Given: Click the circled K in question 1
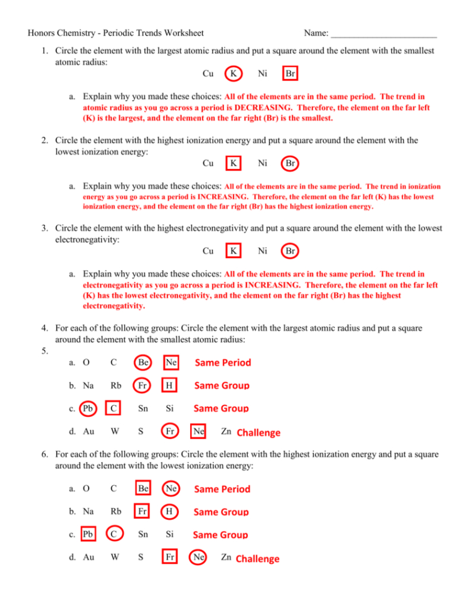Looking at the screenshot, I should [233, 74].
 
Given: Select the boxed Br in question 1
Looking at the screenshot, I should [290, 74].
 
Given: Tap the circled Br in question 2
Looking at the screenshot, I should [290, 163].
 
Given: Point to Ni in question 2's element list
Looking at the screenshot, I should [262, 163].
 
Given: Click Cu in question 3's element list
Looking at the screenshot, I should [208, 251].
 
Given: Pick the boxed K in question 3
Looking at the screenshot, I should [233, 251].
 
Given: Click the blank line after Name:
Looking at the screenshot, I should [383, 33].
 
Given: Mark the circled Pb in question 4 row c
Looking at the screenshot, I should [88, 408].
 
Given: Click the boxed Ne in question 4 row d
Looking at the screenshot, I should [198, 432].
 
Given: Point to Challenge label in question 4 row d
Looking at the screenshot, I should [259, 433].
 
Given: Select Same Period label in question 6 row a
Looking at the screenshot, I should [222, 489].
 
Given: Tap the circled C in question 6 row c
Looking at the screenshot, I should [113, 535].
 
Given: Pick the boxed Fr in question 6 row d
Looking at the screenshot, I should [169, 558].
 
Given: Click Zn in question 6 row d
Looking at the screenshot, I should [226, 558].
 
